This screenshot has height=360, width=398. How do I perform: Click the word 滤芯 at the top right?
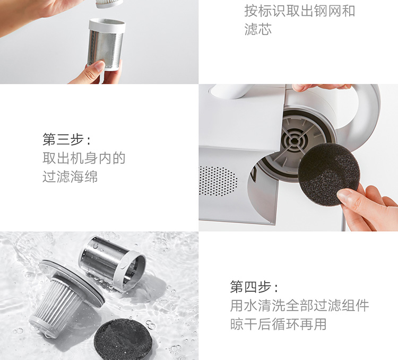[258, 29]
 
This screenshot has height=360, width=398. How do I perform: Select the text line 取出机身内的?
[84, 158]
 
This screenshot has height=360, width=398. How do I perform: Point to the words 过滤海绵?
[70, 177]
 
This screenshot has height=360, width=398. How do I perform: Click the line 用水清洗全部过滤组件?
[299, 305]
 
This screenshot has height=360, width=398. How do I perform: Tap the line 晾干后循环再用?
[278, 324]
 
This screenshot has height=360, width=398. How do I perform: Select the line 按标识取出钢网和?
[299, 11]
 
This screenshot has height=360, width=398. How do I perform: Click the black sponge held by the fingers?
[329, 174]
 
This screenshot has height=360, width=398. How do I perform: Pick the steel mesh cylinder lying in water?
[112, 263]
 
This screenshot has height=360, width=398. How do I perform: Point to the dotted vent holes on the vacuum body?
[218, 181]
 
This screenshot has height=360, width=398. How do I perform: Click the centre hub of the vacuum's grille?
[295, 141]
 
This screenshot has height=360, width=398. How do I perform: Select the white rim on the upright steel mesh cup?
[107, 25]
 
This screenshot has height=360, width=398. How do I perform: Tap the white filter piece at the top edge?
[109, 4]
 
